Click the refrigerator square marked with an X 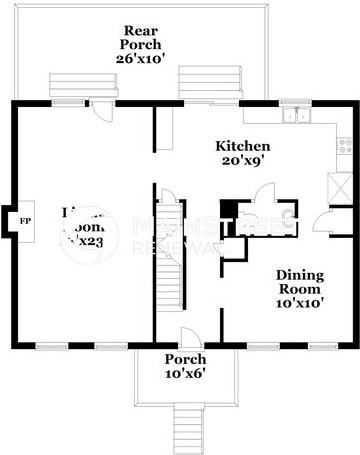tap(337, 185)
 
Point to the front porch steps tap(184, 425)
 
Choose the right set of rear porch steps tap(203, 82)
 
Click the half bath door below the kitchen tap(262, 192)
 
